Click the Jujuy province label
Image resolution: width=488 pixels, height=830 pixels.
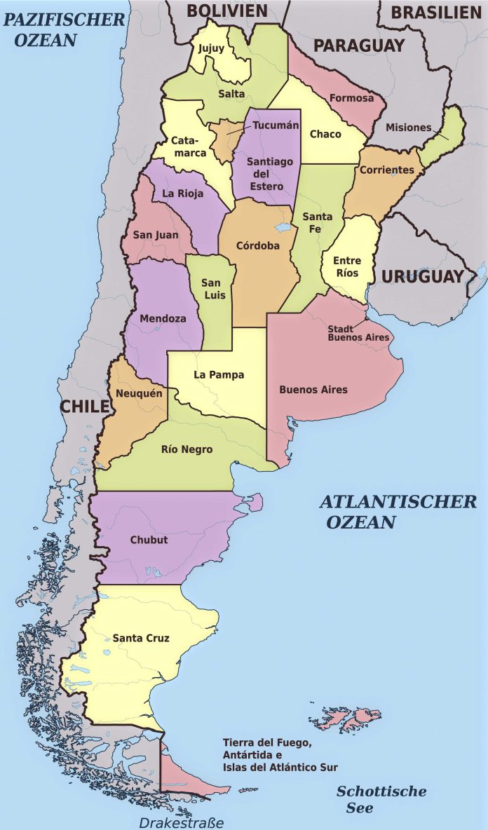click(x=211, y=48)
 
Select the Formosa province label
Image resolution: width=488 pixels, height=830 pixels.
click(x=351, y=98)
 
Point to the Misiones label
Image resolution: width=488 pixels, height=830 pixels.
click(x=408, y=128)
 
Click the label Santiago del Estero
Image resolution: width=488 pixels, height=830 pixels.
click(x=270, y=174)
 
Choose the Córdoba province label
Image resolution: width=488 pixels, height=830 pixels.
click(x=257, y=245)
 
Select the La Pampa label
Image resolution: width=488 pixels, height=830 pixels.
click(x=219, y=375)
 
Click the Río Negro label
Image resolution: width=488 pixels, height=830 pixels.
click(x=187, y=449)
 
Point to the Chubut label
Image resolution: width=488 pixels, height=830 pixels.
click(x=149, y=540)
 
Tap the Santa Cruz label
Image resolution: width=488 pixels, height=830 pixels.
click(x=141, y=638)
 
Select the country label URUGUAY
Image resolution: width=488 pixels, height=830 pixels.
click(x=422, y=276)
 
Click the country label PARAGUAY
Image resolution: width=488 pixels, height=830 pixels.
click(x=358, y=46)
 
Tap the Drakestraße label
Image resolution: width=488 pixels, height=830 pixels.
click(x=180, y=822)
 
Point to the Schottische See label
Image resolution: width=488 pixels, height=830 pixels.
click(x=381, y=799)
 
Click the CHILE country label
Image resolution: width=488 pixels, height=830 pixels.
click(x=84, y=406)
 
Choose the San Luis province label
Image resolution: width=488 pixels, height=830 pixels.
click(x=213, y=289)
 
